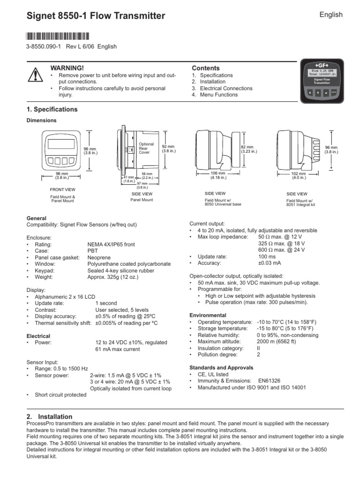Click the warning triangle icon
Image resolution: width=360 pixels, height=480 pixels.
point(35,75)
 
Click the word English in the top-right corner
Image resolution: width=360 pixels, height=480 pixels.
point(331,15)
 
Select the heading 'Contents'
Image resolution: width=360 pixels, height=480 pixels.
point(206,68)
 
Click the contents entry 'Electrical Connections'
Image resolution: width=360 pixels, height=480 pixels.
point(219,88)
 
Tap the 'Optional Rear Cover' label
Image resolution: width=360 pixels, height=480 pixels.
point(146,148)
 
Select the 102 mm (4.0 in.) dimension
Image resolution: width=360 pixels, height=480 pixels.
point(299,175)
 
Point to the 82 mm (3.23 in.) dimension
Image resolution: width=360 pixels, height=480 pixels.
point(247,149)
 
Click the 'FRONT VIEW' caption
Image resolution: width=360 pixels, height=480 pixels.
point(62,189)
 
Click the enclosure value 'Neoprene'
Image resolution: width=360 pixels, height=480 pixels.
point(100,258)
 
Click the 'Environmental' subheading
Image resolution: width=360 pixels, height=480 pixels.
point(208,315)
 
